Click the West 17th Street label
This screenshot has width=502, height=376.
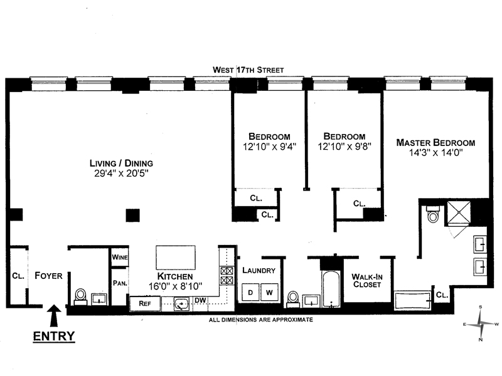[x=248, y=71]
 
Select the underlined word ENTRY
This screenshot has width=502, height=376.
[x=54, y=336]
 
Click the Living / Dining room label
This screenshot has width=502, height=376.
[x=121, y=163]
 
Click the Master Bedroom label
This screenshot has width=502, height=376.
[x=435, y=142]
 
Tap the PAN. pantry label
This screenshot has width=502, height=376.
[x=119, y=283]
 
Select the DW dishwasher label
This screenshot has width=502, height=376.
[x=200, y=301]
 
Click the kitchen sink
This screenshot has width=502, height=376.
[x=181, y=305]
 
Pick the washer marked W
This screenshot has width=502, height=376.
[x=269, y=292]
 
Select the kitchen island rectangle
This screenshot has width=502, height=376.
[x=176, y=258]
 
